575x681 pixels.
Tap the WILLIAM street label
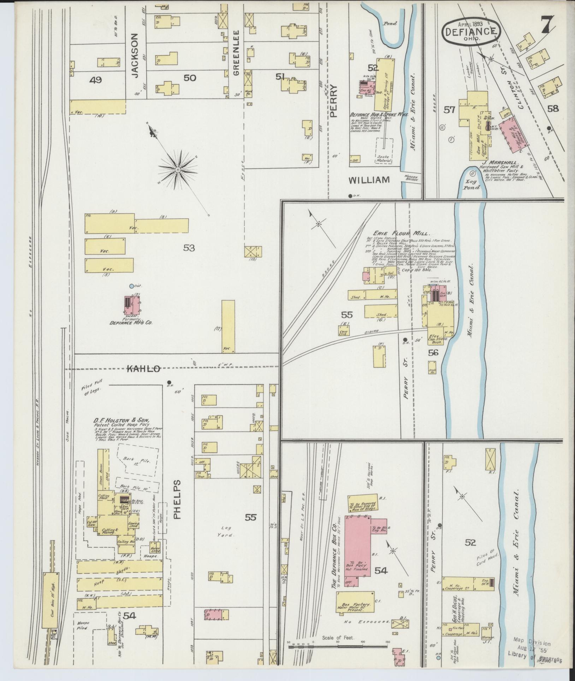click(x=369, y=180)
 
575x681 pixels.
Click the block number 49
click(x=95, y=80)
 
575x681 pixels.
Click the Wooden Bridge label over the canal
click(x=411, y=178)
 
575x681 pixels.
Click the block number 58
click(x=553, y=108)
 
